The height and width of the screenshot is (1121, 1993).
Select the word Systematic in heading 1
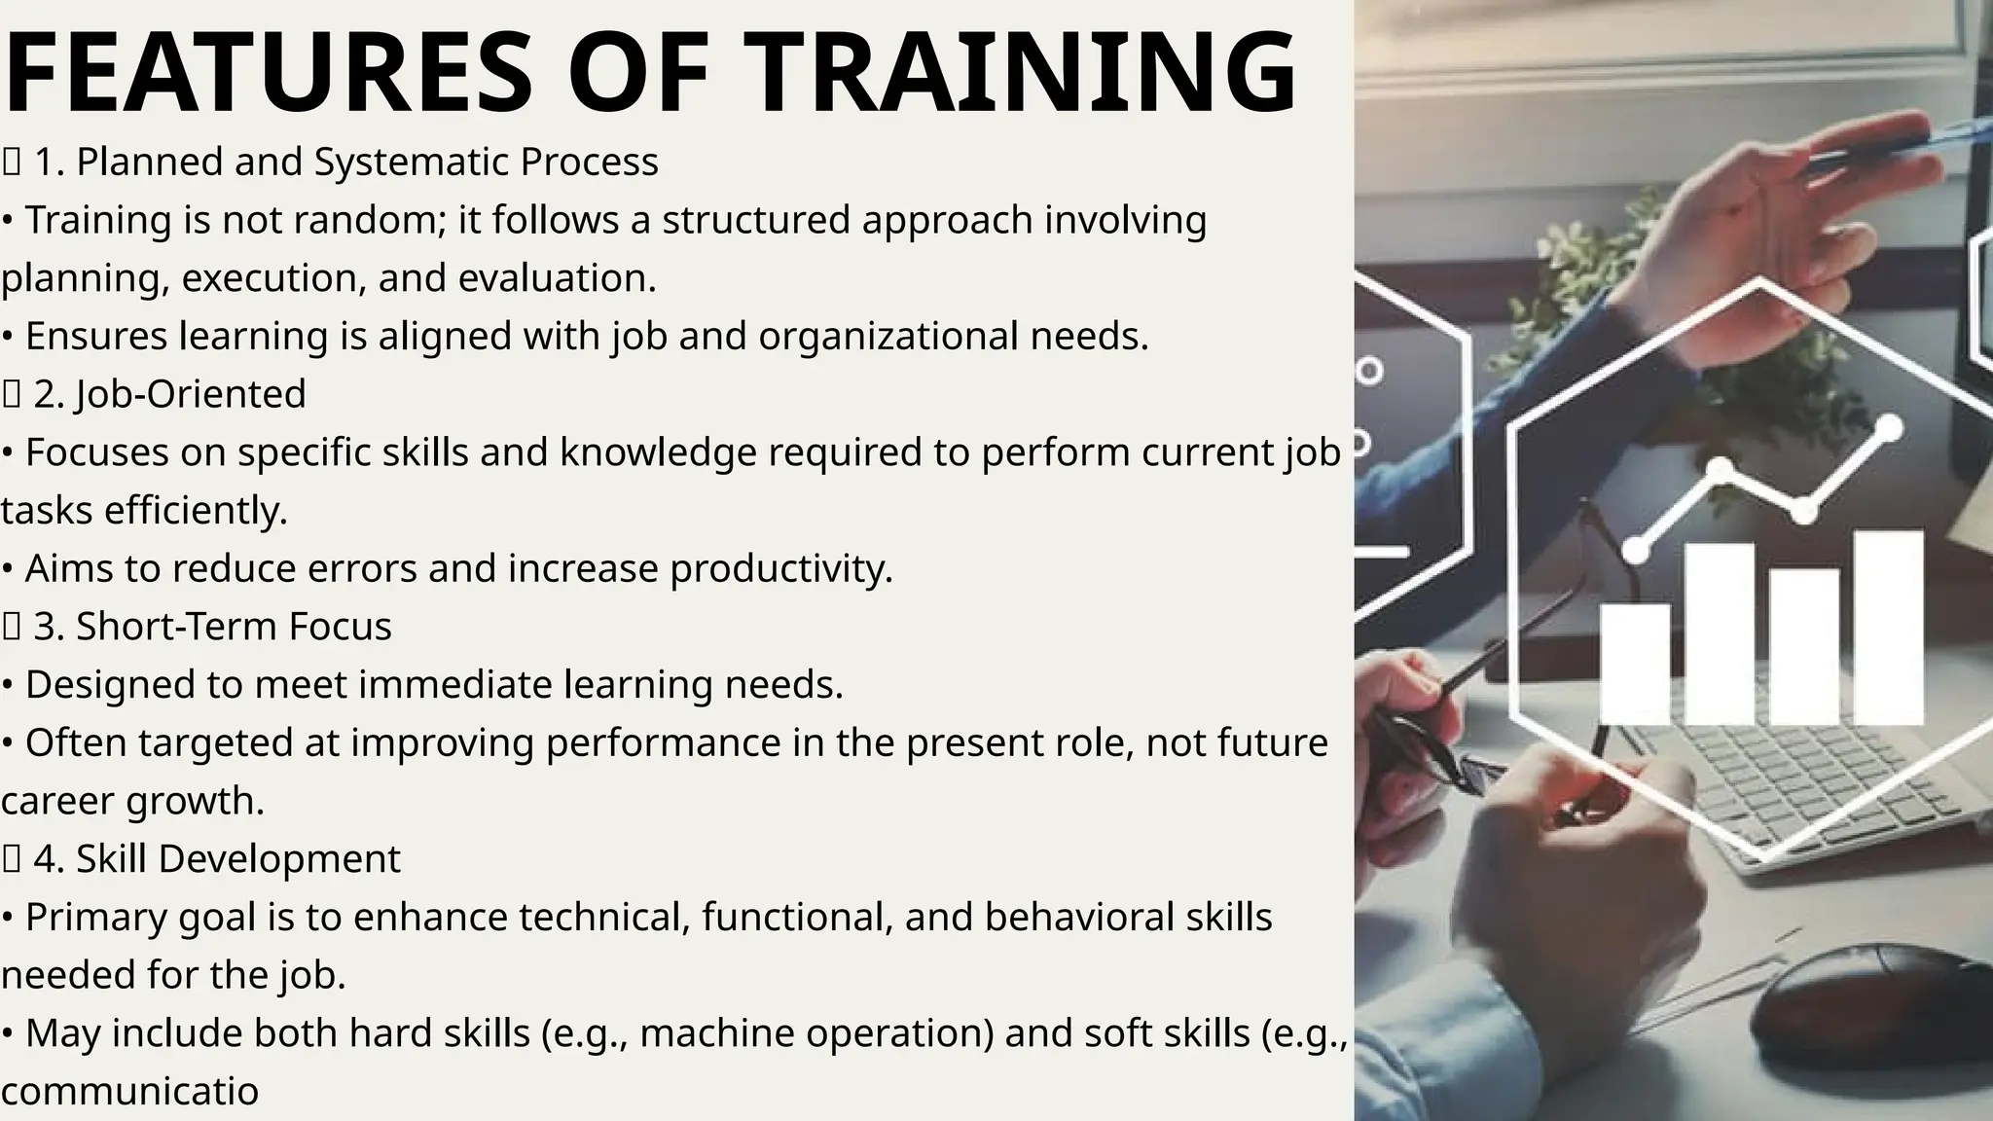412,162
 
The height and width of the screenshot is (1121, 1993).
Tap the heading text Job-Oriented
191,394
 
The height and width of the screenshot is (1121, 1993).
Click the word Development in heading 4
279,859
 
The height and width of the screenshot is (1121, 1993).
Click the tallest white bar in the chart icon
1888,627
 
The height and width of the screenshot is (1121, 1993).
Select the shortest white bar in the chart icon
1635,664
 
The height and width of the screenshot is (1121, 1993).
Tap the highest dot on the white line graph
1889,427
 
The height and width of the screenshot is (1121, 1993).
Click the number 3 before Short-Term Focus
45,627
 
